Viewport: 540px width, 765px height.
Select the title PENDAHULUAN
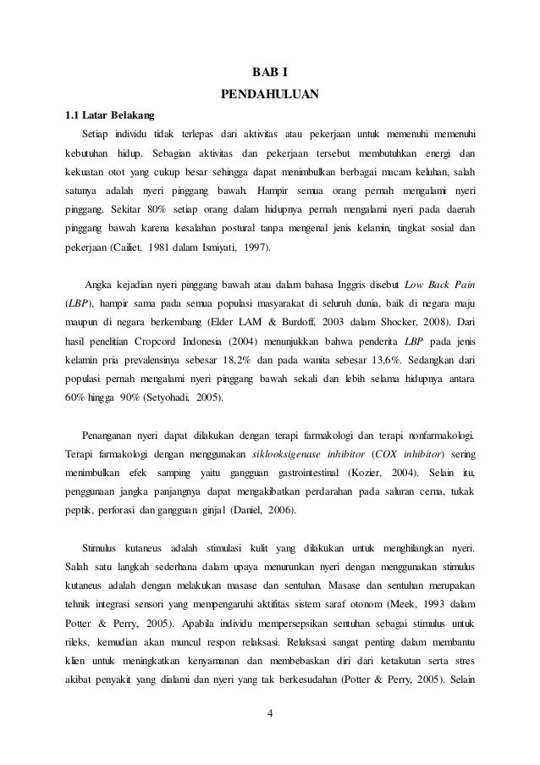[270, 94]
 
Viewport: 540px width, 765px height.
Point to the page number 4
[269, 721]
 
